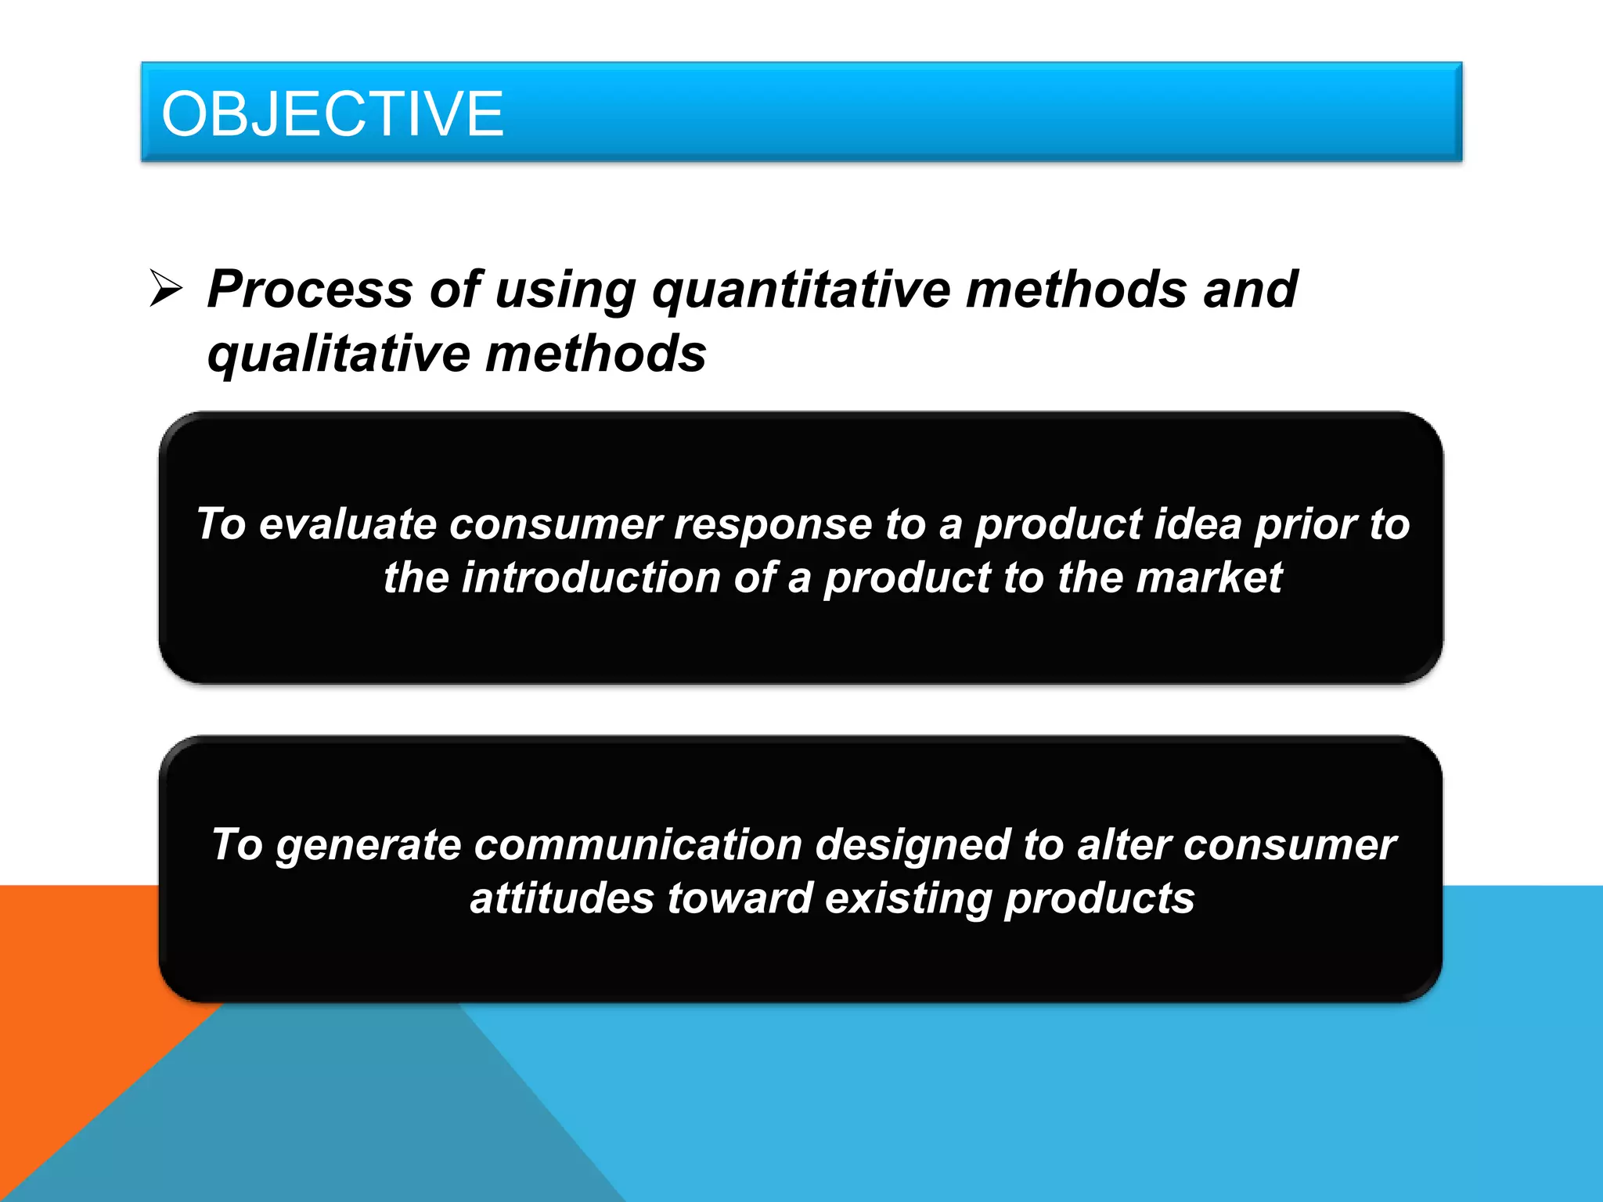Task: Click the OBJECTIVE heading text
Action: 332,114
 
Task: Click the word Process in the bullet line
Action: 310,290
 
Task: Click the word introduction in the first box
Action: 591,578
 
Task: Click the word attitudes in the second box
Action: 562,898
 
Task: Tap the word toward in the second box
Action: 740,898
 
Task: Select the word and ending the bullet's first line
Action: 1250,290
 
